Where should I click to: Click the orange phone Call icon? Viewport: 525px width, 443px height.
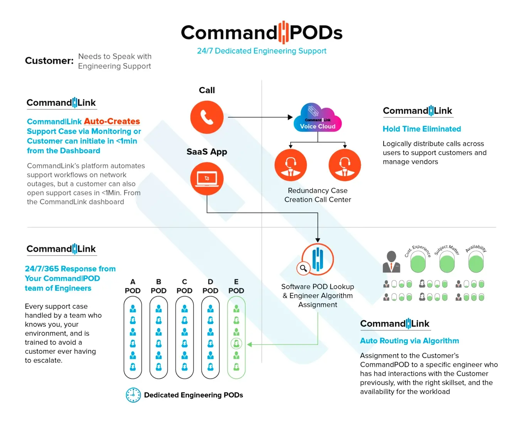coord(207,117)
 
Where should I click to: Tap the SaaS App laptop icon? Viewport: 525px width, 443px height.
coord(207,179)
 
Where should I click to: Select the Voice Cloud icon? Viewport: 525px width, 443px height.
coord(318,118)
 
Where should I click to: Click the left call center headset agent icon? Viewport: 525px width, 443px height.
coord(291,165)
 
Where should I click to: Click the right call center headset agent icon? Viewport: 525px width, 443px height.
coord(345,165)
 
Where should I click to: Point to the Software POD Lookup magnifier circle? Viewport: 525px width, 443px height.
coord(303,268)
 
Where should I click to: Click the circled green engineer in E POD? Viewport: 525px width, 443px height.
coord(236,343)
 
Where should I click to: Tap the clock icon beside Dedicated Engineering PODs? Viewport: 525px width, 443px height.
coord(133,395)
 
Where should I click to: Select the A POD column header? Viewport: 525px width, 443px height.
coord(133,286)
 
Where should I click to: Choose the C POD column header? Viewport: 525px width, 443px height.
coord(184,286)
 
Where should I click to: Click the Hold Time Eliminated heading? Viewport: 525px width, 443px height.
coord(422,129)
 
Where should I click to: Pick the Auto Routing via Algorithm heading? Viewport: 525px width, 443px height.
coord(409,341)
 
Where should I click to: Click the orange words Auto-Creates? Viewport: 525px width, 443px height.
coord(112,121)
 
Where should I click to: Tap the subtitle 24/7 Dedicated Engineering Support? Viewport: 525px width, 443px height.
coord(262,51)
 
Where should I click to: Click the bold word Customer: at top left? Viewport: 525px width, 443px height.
coord(49,61)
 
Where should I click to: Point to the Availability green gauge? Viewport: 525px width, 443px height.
coord(476,263)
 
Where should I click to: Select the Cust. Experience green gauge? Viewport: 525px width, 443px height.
coord(418,263)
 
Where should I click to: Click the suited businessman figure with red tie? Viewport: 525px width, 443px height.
coord(391,262)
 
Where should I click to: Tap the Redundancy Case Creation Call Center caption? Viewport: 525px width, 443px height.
coord(318,195)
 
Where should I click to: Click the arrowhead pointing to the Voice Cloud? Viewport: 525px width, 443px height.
coord(290,117)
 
